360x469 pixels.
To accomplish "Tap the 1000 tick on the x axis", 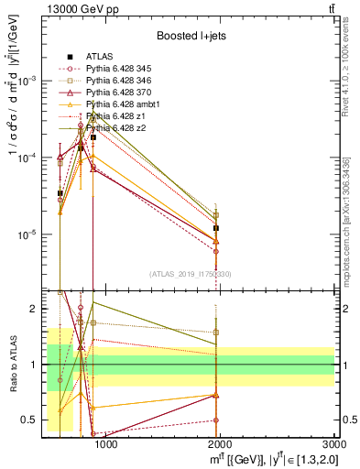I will coord(105,445).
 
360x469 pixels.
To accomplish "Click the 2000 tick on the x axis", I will coord(221,445).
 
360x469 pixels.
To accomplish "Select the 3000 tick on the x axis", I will coord(335,445).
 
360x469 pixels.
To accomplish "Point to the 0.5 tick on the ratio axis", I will coord(32,420).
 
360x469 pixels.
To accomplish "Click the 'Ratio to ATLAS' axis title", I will coord(12,364).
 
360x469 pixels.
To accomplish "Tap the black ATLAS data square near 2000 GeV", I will coord(216,228).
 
